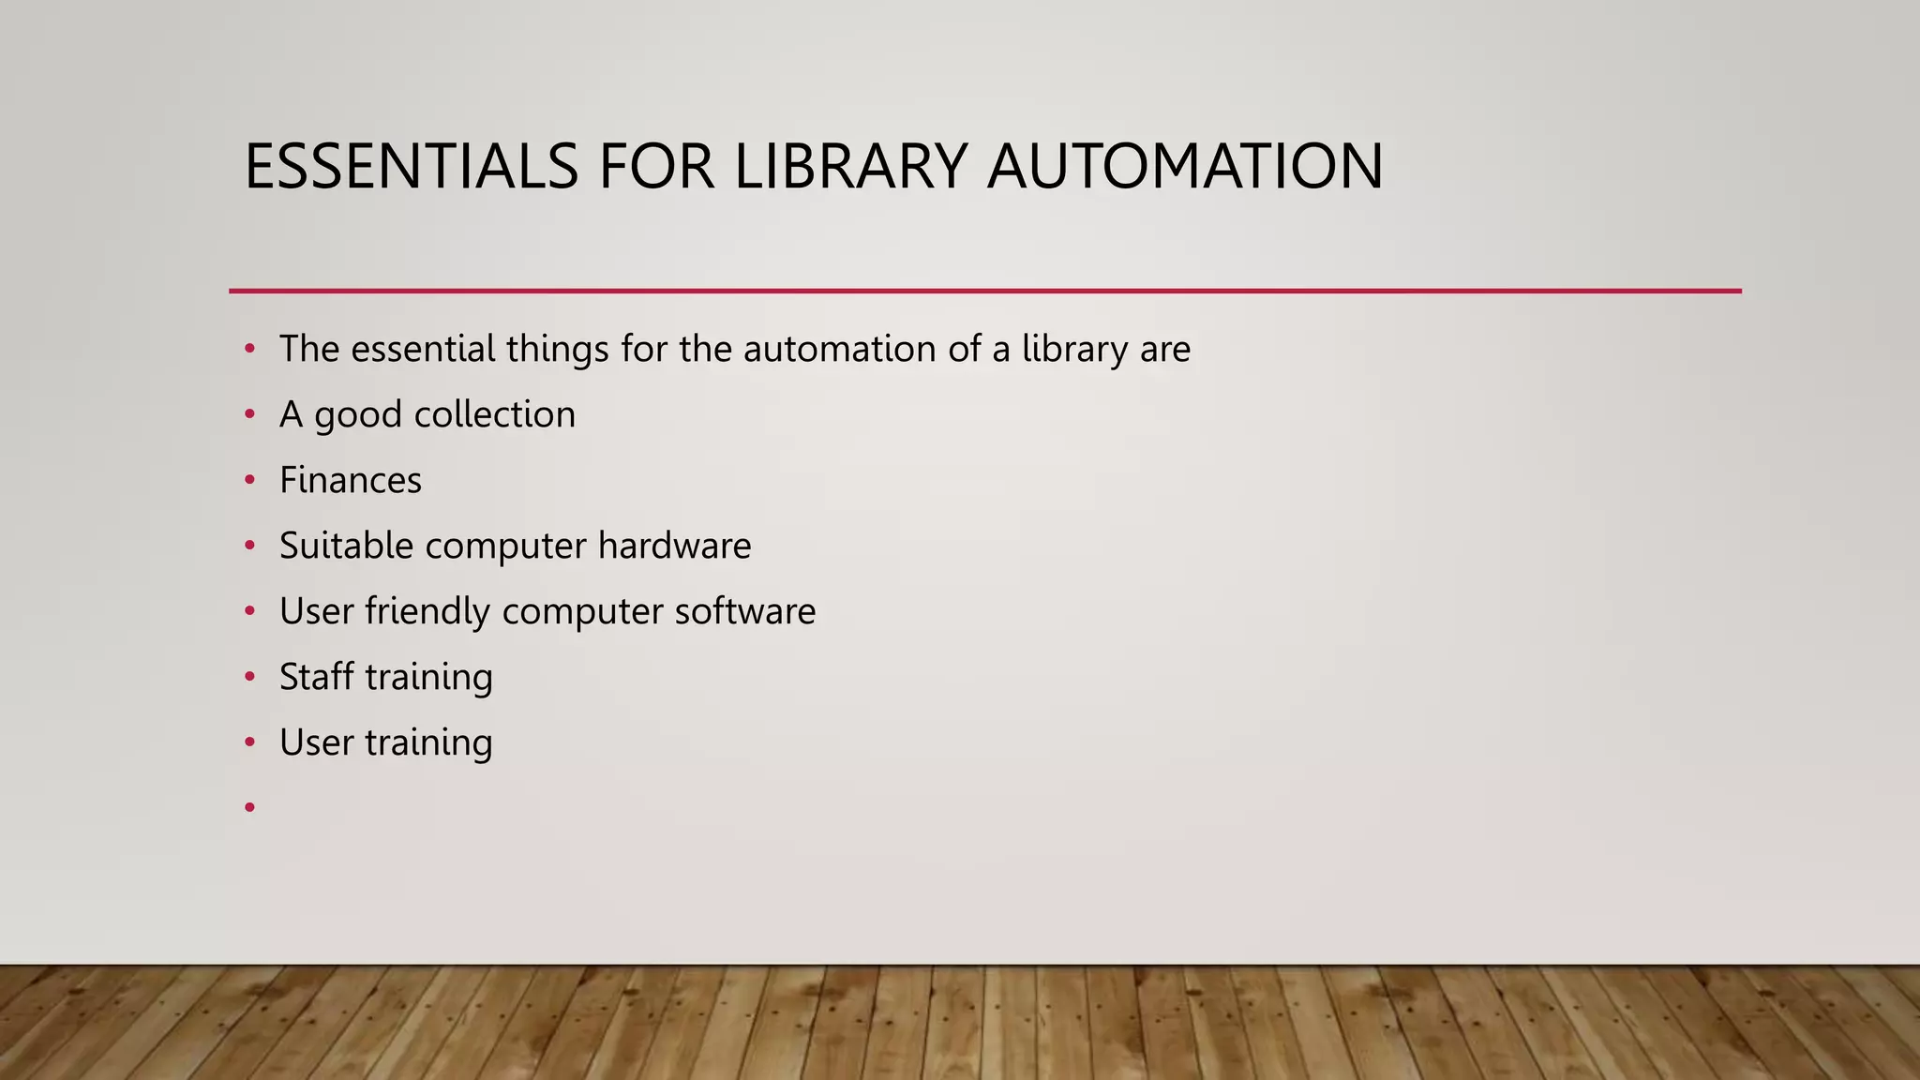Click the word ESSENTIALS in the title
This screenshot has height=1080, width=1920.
point(411,166)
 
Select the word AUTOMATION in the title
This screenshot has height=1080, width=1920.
point(1185,166)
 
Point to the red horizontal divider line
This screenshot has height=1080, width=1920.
point(984,292)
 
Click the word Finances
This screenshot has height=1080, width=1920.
point(351,480)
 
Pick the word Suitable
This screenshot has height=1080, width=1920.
point(346,546)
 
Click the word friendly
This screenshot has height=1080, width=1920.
point(427,611)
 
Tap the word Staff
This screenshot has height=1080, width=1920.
point(316,677)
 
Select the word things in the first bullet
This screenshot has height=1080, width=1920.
point(559,349)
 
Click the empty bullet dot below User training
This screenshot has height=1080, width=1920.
point(249,807)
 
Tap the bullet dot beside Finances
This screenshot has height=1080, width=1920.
point(249,481)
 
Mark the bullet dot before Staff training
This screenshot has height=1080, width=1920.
point(249,678)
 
